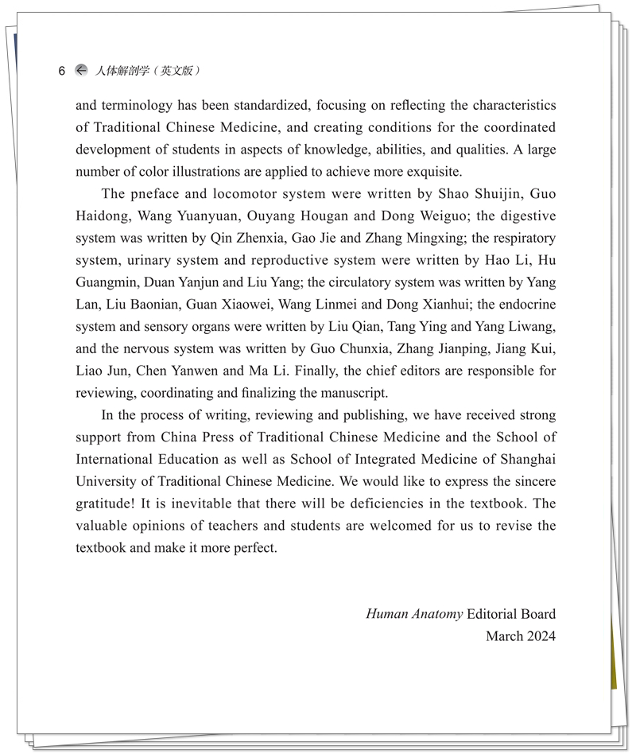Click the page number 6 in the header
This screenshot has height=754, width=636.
(62, 71)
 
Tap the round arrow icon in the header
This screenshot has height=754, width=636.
(81, 70)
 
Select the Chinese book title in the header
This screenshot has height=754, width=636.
(147, 71)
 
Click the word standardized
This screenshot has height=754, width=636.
(273, 105)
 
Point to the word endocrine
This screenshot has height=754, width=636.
(525, 305)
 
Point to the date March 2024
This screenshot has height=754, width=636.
(521, 636)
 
